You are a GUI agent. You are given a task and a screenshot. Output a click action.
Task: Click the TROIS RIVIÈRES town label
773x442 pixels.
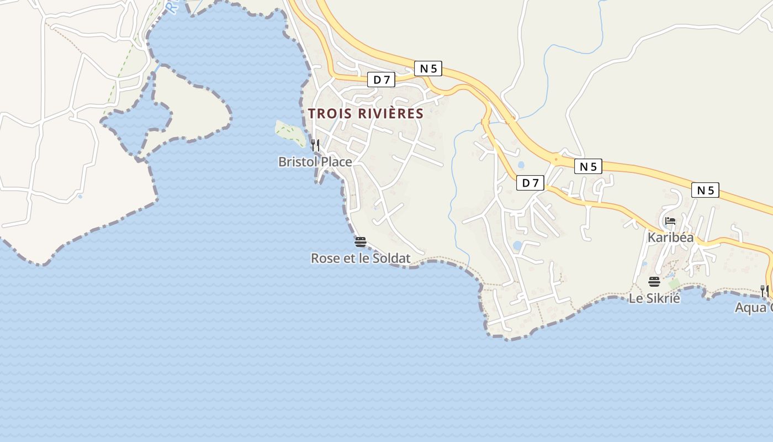click(x=366, y=114)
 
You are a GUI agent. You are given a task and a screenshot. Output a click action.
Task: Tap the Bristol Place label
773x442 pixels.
click(x=315, y=162)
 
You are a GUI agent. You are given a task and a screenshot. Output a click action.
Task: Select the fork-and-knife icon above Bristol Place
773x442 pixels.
click(x=315, y=145)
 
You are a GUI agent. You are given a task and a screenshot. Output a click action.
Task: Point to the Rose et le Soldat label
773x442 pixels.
click(x=361, y=258)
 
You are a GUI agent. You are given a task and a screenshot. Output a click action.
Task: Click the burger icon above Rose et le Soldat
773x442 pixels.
click(x=361, y=241)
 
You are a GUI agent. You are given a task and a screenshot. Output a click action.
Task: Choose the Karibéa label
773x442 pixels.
click(x=670, y=238)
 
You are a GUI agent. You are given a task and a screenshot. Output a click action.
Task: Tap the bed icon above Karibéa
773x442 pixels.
click(x=670, y=221)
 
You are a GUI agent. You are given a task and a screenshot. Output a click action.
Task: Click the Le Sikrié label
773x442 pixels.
click(x=654, y=298)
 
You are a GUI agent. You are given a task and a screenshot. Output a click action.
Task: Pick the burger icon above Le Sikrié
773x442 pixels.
click(x=654, y=282)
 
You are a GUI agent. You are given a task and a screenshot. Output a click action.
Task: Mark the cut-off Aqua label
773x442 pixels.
click(x=753, y=308)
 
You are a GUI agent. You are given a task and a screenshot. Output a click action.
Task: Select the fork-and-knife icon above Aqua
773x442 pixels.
click(x=765, y=291)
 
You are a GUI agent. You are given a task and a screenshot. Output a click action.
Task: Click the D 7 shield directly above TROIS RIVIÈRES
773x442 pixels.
click(x=381, y=80)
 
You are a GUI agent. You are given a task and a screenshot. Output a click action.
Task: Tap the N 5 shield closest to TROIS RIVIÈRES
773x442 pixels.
click(x=428, y=69)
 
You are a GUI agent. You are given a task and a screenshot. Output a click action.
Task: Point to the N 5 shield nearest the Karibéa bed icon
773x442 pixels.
click(x=705, y=190)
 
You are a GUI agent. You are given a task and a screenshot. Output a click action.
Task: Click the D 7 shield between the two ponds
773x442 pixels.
click(x=530, y=183)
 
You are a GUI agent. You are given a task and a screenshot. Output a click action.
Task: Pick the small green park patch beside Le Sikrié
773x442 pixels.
click(x=674, y=283)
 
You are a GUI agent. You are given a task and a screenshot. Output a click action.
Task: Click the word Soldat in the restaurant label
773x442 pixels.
click(x=391, y=258)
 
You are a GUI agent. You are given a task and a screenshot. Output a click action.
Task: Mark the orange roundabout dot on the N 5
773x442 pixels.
click(x=555, y=162)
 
